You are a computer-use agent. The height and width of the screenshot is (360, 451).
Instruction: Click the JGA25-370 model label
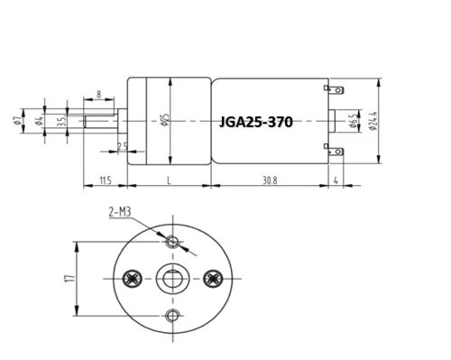pyautogui.click(x=256, y=122)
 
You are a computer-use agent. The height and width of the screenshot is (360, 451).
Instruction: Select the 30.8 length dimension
pyautogui.click(x=270, y=180)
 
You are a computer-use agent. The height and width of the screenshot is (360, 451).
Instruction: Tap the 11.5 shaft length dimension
pyautogui.click(x=106, y=180)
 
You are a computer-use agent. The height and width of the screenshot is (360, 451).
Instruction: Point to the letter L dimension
pyautogui.click(x=169, y=180)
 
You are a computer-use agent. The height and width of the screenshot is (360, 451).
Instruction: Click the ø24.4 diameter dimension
pyautogui.click(x=373, y=121)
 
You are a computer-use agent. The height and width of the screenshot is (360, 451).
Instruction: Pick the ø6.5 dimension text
pyautogui.click(x=354, y=121)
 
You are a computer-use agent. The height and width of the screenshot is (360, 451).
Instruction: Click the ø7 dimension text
pyautogui.click(x=17, y=121)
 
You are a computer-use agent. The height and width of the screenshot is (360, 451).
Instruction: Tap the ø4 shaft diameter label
pyautogui.click(x=40, y=121)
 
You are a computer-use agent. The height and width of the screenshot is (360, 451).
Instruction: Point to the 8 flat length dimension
pyautogui.click(x=99, y=95)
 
